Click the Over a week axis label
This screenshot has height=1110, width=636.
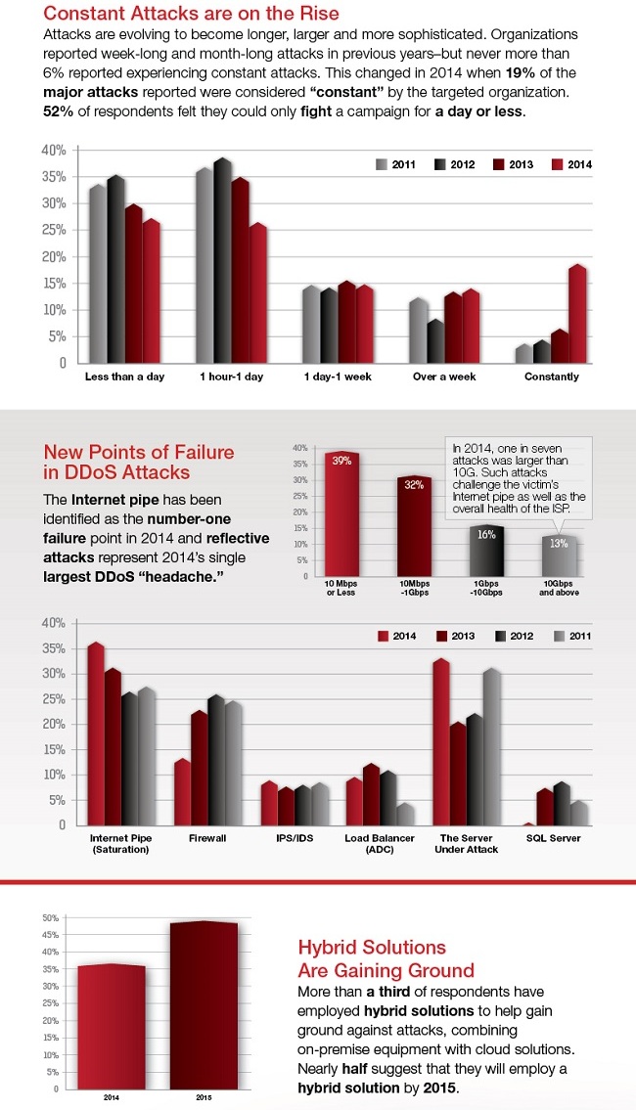[443, 377]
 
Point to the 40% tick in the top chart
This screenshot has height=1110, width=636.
[54, 151]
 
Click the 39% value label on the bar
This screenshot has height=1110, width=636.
[342, 461]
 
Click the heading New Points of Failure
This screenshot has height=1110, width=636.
[139, 462]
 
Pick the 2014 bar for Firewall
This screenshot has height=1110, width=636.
[181, 793]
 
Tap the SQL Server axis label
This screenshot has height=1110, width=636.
[552, 838]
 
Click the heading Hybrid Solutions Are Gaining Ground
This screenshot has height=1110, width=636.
[386, 959]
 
